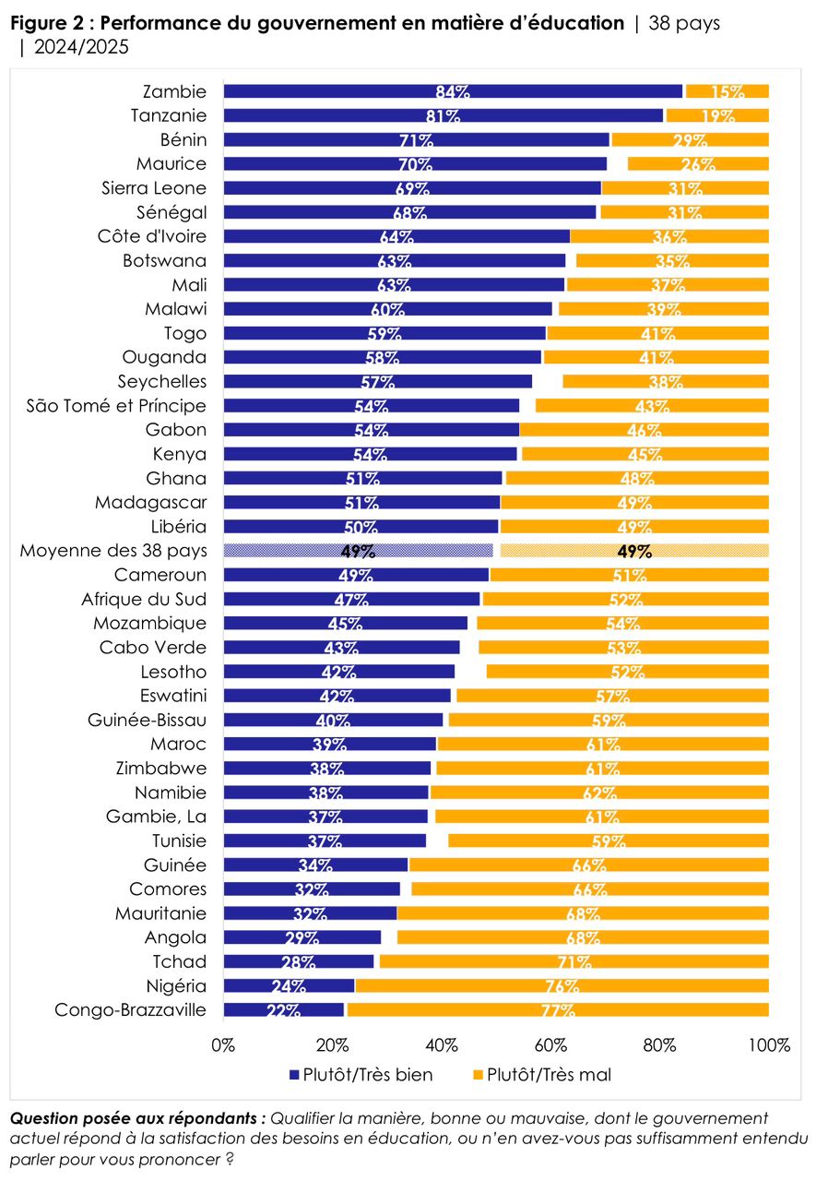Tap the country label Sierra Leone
[154, 188]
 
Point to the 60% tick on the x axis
[551, 1046]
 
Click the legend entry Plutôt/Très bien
[360, 1075]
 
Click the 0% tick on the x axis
[224, 1046]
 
